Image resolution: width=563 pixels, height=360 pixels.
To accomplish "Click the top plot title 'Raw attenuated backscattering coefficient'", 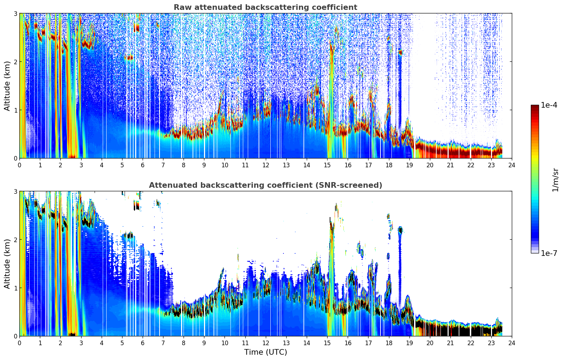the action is point(265,7).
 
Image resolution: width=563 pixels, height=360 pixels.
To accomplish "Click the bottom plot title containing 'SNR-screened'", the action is point(265,185).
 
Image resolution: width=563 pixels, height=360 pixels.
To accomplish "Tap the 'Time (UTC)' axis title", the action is point(265,352).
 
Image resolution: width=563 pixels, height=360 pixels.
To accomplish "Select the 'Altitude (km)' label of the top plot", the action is point(7,86).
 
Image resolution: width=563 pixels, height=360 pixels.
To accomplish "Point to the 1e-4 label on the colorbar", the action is point(549,105).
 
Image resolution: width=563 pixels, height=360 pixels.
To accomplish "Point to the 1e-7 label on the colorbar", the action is point(549,253).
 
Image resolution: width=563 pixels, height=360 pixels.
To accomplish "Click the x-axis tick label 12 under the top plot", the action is point(266,165).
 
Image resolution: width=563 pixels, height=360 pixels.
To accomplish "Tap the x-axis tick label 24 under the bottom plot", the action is point(512,343).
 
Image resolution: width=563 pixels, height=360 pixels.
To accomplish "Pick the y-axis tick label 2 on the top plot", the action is point(15,62).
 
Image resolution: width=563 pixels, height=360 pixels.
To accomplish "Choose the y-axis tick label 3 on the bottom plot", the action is point(15,192).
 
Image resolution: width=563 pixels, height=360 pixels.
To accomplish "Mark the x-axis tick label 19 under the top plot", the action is point(409,165).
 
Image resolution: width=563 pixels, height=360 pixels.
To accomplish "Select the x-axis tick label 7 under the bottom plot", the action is point(163,343).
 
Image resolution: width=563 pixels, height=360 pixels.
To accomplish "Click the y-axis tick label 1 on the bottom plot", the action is point(15,288).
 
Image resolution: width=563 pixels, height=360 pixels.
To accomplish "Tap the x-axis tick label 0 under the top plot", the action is point(20,165).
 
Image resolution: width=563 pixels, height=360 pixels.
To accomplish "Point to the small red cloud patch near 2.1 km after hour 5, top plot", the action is point(129,58).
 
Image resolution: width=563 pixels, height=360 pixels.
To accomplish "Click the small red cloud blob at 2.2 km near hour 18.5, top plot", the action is point(400,52).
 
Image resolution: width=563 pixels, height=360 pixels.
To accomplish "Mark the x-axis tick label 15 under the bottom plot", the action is point(327,343).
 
